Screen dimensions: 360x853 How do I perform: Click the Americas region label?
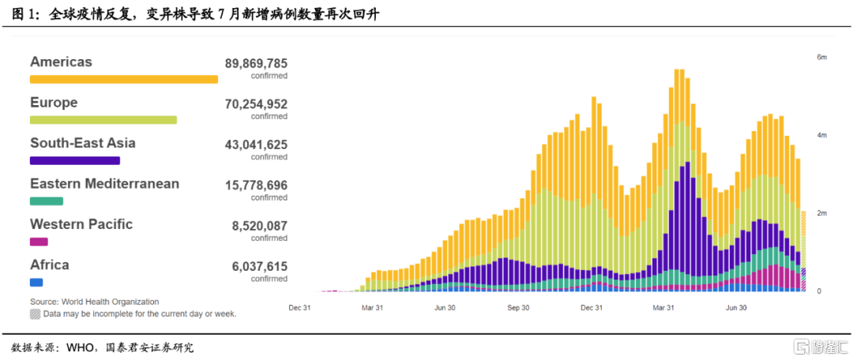coord(61,62)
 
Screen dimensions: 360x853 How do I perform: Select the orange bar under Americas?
coord(123,79)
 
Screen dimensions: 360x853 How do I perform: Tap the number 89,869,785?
coord(256,63)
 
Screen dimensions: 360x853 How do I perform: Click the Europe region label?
coord(54,103)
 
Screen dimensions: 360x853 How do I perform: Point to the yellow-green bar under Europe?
coord(103,120)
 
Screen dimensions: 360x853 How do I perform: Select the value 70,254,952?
coord(256,104)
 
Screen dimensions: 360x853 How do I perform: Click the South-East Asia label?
coord(82,143)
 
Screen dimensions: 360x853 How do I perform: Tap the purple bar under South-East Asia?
coord(74,160)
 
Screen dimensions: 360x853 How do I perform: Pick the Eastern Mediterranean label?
coord(104,184)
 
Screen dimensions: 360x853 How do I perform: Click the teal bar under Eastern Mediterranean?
coord(46,201)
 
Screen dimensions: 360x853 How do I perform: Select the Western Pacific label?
coord(81,224)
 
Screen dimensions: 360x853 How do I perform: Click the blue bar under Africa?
coord(36,282)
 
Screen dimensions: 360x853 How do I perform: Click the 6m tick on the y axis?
coord(821,58)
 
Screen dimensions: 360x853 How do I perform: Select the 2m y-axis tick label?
coord(821,214)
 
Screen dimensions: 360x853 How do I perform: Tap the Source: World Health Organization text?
coord(94,302)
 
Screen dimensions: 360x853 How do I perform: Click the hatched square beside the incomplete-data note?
coord(35,313)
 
